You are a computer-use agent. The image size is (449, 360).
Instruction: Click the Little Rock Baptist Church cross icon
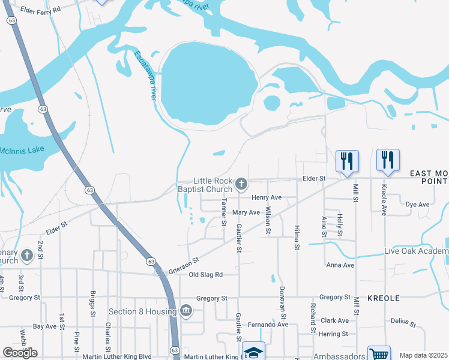point(241,184)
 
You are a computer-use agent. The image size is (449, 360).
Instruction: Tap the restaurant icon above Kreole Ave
point(387,160)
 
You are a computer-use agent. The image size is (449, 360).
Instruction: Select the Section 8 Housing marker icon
point(185,311)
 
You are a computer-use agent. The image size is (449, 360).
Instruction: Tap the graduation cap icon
point(253,353)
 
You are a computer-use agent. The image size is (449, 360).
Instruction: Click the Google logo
point(20,353)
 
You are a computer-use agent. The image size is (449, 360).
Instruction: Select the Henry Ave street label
point(267,197)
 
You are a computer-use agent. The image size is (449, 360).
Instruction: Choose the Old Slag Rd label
point(206,275)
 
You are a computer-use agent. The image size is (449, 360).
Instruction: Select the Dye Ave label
point(418,205)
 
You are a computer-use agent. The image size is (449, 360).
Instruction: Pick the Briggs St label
point(93,304)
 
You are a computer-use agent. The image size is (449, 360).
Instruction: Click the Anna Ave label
point(340,265)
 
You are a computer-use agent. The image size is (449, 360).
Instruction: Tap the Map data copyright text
point(422,355)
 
